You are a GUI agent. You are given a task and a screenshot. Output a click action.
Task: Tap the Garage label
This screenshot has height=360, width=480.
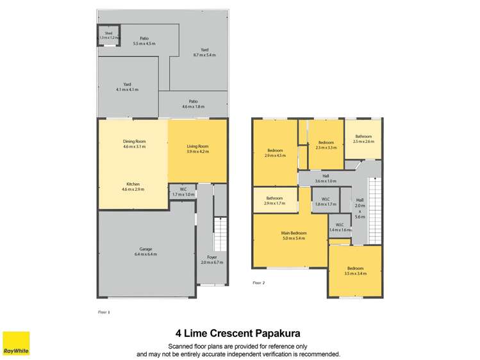pyautogui.click(x=145, y=252)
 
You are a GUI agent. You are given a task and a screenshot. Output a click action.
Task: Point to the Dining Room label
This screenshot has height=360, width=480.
pyautogui.click(x=135, y=144)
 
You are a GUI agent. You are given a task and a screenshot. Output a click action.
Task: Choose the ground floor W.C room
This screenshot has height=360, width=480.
pyautogui.click(x=183, y=192)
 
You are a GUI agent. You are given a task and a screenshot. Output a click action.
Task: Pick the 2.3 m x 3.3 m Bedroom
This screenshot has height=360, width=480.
pyautogui.click(x=326, y=145)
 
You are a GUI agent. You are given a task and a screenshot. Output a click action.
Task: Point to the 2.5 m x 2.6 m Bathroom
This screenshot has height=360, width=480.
pyautogui.click(x=363, y=138)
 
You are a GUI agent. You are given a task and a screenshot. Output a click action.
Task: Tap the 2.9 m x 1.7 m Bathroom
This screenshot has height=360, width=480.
pyautogui.click(x=275, y=199)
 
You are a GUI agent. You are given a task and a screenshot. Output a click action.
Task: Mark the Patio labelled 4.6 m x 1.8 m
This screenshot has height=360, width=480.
pyautogui.click(x=193, y=103)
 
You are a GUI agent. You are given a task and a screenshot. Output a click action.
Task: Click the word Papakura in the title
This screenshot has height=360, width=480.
pyautogui.click(x=273, y=334)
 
